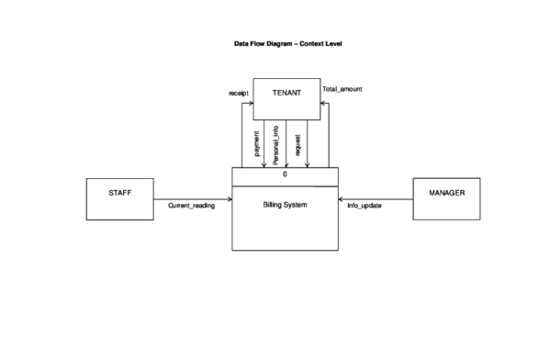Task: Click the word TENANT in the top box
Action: pyautogui.click(x=287, y=93)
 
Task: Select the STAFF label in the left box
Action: pyautogui.click(x=120, y=194)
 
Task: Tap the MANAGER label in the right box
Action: pyautogui.click(x=446, y=193)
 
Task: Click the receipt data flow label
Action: pyautogui.click(x=239, y=94)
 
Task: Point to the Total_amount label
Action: pyautogui.click(x=343, y=90)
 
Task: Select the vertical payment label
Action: pyautogui.click(x=256, y=144)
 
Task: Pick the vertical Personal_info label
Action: pyautogui.click(x=277, y=143)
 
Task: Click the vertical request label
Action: pyautogui.click(x=298, y=144)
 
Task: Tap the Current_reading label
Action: pyautogui.click(x=191, y=206)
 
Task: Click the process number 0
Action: pyautogui.click(x=285, y=174)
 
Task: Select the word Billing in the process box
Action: pyautogui.click(x=274, y=204)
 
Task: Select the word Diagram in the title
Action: pyautogui.click(x=283, y=44)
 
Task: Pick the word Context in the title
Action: pyautogui.click(x=315, y=44)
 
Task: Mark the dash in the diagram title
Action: pyautogui.click(x=300, y=44)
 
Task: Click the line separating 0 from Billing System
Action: pyautogui.click(x=285, y=185)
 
